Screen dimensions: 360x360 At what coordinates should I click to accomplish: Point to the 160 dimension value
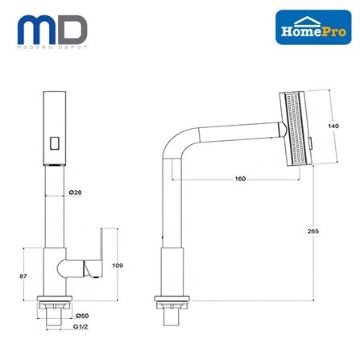tap(218, 178)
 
